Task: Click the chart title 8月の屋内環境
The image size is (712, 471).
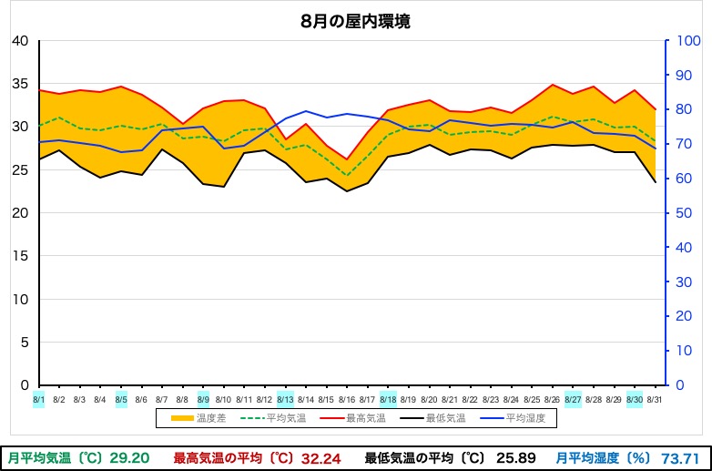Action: [355, 22]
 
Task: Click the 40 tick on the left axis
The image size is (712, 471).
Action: [21, 41]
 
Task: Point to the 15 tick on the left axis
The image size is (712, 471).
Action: [21, 256]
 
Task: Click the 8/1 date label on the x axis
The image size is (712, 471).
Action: [38, 398]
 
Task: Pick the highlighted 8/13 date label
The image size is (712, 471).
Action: [285, 398]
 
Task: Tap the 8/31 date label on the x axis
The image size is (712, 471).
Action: [654, 398]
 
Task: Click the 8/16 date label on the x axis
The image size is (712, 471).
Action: [346, 398]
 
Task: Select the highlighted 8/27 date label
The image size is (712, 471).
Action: [573, 398]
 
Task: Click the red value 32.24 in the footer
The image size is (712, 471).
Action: [320, 457]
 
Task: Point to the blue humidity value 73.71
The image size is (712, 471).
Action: [680, 457]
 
